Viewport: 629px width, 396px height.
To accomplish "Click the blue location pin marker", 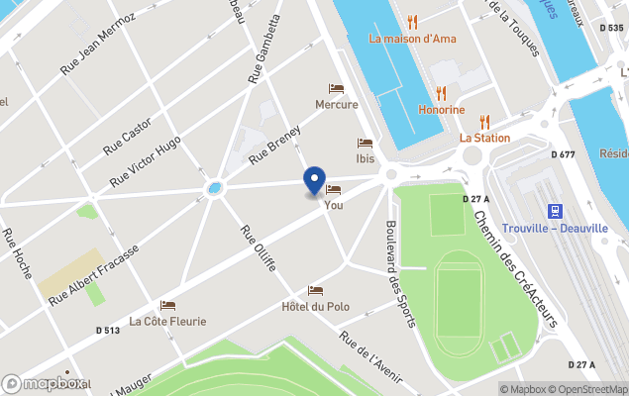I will click(x=314, y=180).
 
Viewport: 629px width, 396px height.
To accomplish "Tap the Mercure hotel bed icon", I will click(x=336, y=89).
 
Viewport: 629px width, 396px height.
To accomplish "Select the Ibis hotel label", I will click(x=366, y=158).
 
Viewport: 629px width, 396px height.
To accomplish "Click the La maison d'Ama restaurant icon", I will click(x=413, y=22).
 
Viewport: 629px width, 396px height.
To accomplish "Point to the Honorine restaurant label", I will click(x=441, y=110).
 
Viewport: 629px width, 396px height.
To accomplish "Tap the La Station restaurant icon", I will click(x=484, y=122).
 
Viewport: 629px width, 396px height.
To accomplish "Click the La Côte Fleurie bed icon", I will click(x=167, y=305).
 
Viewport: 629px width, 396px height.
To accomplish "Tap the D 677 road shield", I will click(x=563, y=154).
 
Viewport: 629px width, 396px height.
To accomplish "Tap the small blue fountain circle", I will click(x=215, y=187).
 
